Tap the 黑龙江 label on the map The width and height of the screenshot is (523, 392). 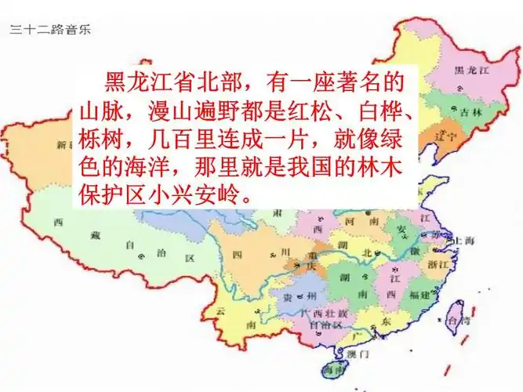[x=472, y=71]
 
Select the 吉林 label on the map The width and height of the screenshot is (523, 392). [x=470, y=112]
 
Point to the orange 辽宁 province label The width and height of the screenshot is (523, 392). [x=449, y=135]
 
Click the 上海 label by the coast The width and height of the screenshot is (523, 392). [x=463, y=241]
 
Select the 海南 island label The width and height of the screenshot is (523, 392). [x=333, y=370]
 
